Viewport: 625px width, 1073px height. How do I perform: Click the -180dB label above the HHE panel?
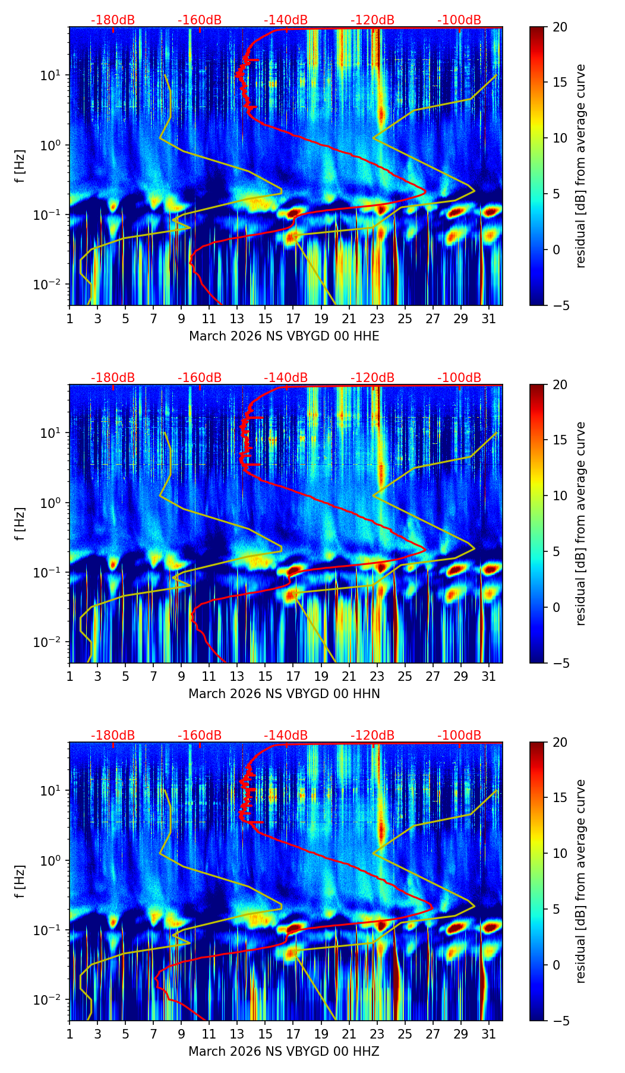coord(113,20)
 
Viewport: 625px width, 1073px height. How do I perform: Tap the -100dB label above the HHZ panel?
coord(459,736)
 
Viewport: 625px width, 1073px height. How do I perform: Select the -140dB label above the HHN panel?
coord(286,378)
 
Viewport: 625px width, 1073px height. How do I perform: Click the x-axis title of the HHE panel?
coord(284,336)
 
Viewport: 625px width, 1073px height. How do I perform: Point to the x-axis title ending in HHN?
coord(284,694)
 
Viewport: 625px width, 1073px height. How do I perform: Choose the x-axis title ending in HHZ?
coord(284,1052)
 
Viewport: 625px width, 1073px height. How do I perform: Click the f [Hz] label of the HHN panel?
coord(20,523)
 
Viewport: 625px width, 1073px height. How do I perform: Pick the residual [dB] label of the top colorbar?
coord(580,166)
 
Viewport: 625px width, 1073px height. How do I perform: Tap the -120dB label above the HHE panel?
coord(373,20)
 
